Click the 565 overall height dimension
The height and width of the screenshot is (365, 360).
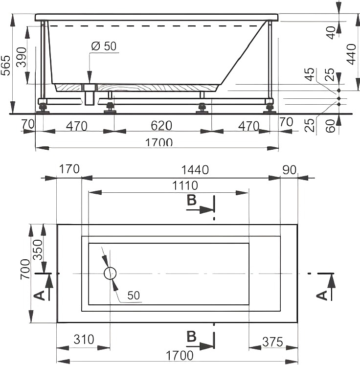[x=5, y=66]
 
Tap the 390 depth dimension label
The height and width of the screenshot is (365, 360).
[x=22, y=57]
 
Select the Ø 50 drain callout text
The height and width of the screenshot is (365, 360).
[x=104, y=46]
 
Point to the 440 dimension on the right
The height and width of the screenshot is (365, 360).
[x=351, y=54]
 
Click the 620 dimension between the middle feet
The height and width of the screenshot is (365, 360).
[x=161, y=126]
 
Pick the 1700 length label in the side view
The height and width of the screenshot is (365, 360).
[x=159, y=142]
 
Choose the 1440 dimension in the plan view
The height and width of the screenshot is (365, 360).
[x=195, y=170]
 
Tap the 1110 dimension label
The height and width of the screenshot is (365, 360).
[x=185, y=185]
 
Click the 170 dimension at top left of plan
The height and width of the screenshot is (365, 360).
[x=69, y=169]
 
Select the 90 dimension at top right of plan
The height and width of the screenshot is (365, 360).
[x=290, y=170]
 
